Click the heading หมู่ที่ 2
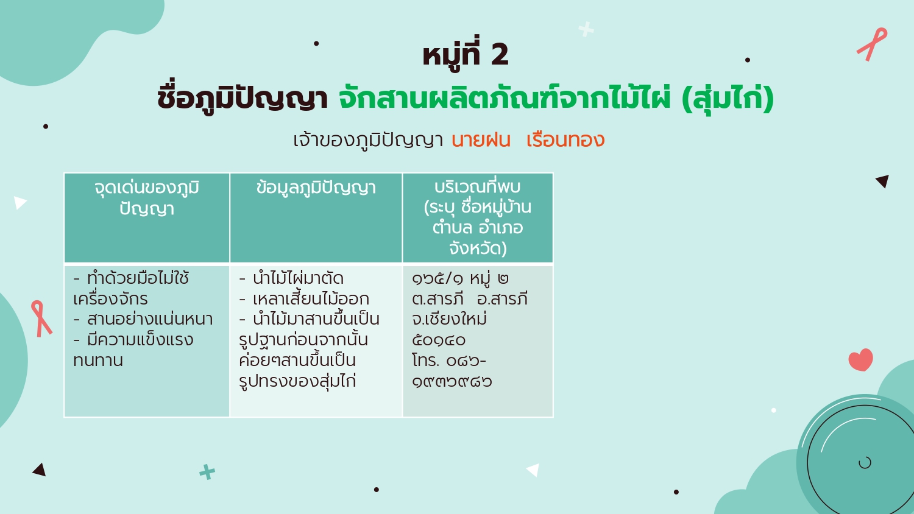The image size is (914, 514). pos(466,54)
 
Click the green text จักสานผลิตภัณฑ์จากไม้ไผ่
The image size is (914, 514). pos(505,98)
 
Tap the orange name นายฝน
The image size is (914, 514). pos(481,140)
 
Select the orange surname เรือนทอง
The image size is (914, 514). pos(565,140)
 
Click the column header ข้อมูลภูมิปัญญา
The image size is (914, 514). pos(316,188)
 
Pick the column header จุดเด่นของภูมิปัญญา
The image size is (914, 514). pos(147,198)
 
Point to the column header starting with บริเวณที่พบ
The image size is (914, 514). pos(477,217)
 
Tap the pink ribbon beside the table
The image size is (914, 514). pos(41,319)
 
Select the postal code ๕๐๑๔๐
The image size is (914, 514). pos(439,340)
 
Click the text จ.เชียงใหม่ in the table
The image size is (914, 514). pos(449,319)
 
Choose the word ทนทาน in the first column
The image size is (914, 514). pos(98,361)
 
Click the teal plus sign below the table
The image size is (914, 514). pos(207,472)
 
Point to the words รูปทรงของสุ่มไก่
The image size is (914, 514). pos(297,381)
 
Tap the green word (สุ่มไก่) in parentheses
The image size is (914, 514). pos(728,98)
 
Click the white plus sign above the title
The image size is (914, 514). pos(586,29)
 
